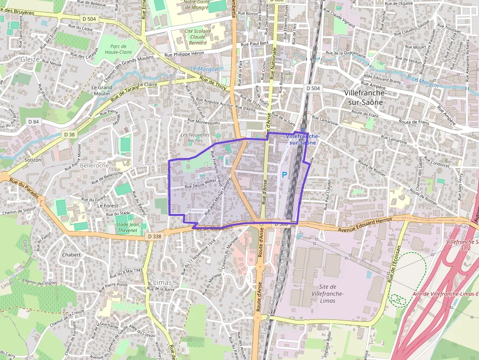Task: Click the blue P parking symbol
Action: (x=284, y=174)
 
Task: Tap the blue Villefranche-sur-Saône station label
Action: (x=302, y=139)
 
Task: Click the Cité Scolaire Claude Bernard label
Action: (x=198, y=37)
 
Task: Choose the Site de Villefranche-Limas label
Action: (x=327, y=293)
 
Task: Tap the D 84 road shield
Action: (x=33, y=122)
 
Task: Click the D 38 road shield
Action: (x=69, y=134)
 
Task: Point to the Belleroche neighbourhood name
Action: (x=95, y=165)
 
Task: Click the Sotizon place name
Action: (x=33, y=160)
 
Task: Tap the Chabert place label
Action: (x=71, y=254)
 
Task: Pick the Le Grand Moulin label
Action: (x=102, y=90)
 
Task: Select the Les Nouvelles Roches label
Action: (x=195, y=137)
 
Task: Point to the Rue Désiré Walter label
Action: (x=200, y=183)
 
